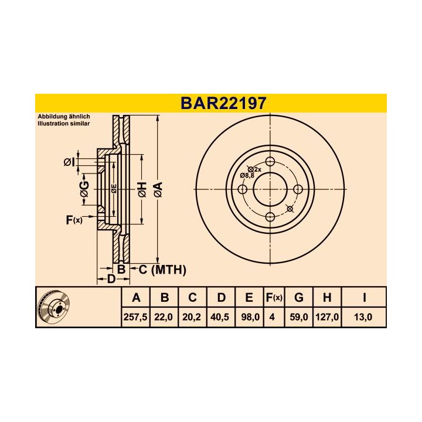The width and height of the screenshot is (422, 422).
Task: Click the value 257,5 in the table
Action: pyautogui.click(x=136, y=317)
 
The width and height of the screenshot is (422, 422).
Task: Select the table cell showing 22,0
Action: pyautogui.click(x=165, y=317)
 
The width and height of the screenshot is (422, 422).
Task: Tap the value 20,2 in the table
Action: pyautogui.click(x=192, y=317)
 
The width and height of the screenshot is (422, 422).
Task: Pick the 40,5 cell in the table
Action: pyautogui.click(x=221, y=317)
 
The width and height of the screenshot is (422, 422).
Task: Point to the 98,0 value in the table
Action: pyautogui.click(x=249, y=317)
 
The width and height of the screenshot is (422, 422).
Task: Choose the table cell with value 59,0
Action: pyautogui.click(x=298, y=317)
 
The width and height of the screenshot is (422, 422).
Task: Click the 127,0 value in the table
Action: pyautogui.click(x=327, y=317)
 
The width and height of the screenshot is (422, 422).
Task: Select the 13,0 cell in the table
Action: pyautogui.click(x=364, y=317)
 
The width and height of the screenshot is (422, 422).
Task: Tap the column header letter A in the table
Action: pyautogui.click(x=136, y=298)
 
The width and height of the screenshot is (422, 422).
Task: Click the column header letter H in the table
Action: pyautogui.click(x=327, y=298)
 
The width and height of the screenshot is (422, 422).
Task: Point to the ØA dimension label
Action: pyautogui.click(x=157, y=189)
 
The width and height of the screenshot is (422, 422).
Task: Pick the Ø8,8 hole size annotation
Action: pyautogui.click(x=247, y=175)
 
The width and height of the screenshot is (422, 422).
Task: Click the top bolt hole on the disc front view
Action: pyautogui.click(x=270, y=162)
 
